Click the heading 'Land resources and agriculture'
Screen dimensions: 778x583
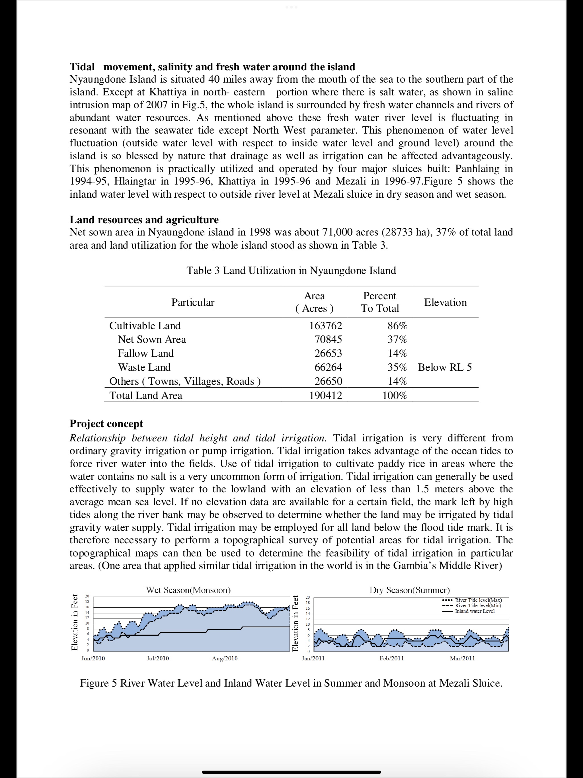tap(144, 220)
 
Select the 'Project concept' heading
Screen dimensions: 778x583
tap(106, 423)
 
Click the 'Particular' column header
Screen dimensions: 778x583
tap(193, 302)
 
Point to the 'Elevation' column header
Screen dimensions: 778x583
tap(445, 302)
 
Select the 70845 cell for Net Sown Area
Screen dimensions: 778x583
tap(328, 339)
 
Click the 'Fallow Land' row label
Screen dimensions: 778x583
tap(145, 353)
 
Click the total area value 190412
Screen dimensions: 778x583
tap(326, 395)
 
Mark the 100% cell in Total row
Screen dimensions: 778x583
tap(395, 395)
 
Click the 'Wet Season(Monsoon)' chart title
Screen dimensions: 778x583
tap(188, 590)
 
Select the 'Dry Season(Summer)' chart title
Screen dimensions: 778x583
tap(409, 590)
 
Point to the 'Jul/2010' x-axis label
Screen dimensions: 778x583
tap(157, 658)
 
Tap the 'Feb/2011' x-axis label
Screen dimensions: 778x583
tap(391, 658)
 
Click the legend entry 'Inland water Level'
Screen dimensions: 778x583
tap(475, 611)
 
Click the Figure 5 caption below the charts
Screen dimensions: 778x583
tap(291, 683)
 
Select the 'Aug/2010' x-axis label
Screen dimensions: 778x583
tap(224, 658)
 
